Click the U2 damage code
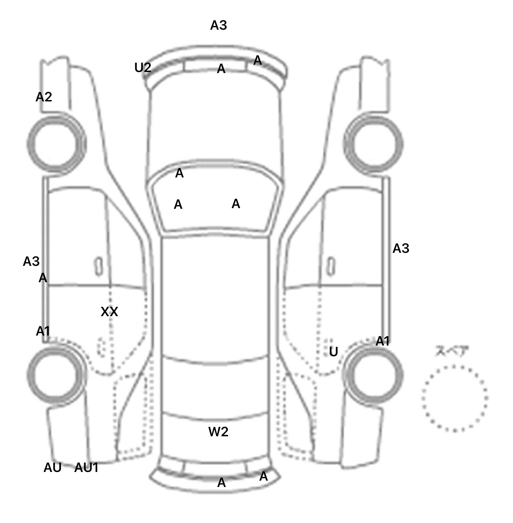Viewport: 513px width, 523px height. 143,68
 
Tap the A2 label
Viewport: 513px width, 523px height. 44,97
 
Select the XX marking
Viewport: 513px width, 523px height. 109,312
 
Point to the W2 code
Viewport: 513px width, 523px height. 218,432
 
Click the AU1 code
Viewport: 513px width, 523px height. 86,468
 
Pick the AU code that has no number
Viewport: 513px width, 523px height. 52,468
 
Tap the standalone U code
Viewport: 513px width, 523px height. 333,352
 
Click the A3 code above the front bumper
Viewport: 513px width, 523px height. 218,25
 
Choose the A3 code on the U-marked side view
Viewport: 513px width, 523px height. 400,248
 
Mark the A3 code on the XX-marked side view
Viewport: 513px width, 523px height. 31,261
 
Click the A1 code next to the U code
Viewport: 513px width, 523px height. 382,341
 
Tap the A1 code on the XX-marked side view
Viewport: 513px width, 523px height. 43,331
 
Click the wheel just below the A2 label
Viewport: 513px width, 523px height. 56,143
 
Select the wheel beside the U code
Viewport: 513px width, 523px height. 373,375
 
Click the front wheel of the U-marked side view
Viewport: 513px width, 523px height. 373,144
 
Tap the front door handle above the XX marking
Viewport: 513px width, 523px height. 99,267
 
